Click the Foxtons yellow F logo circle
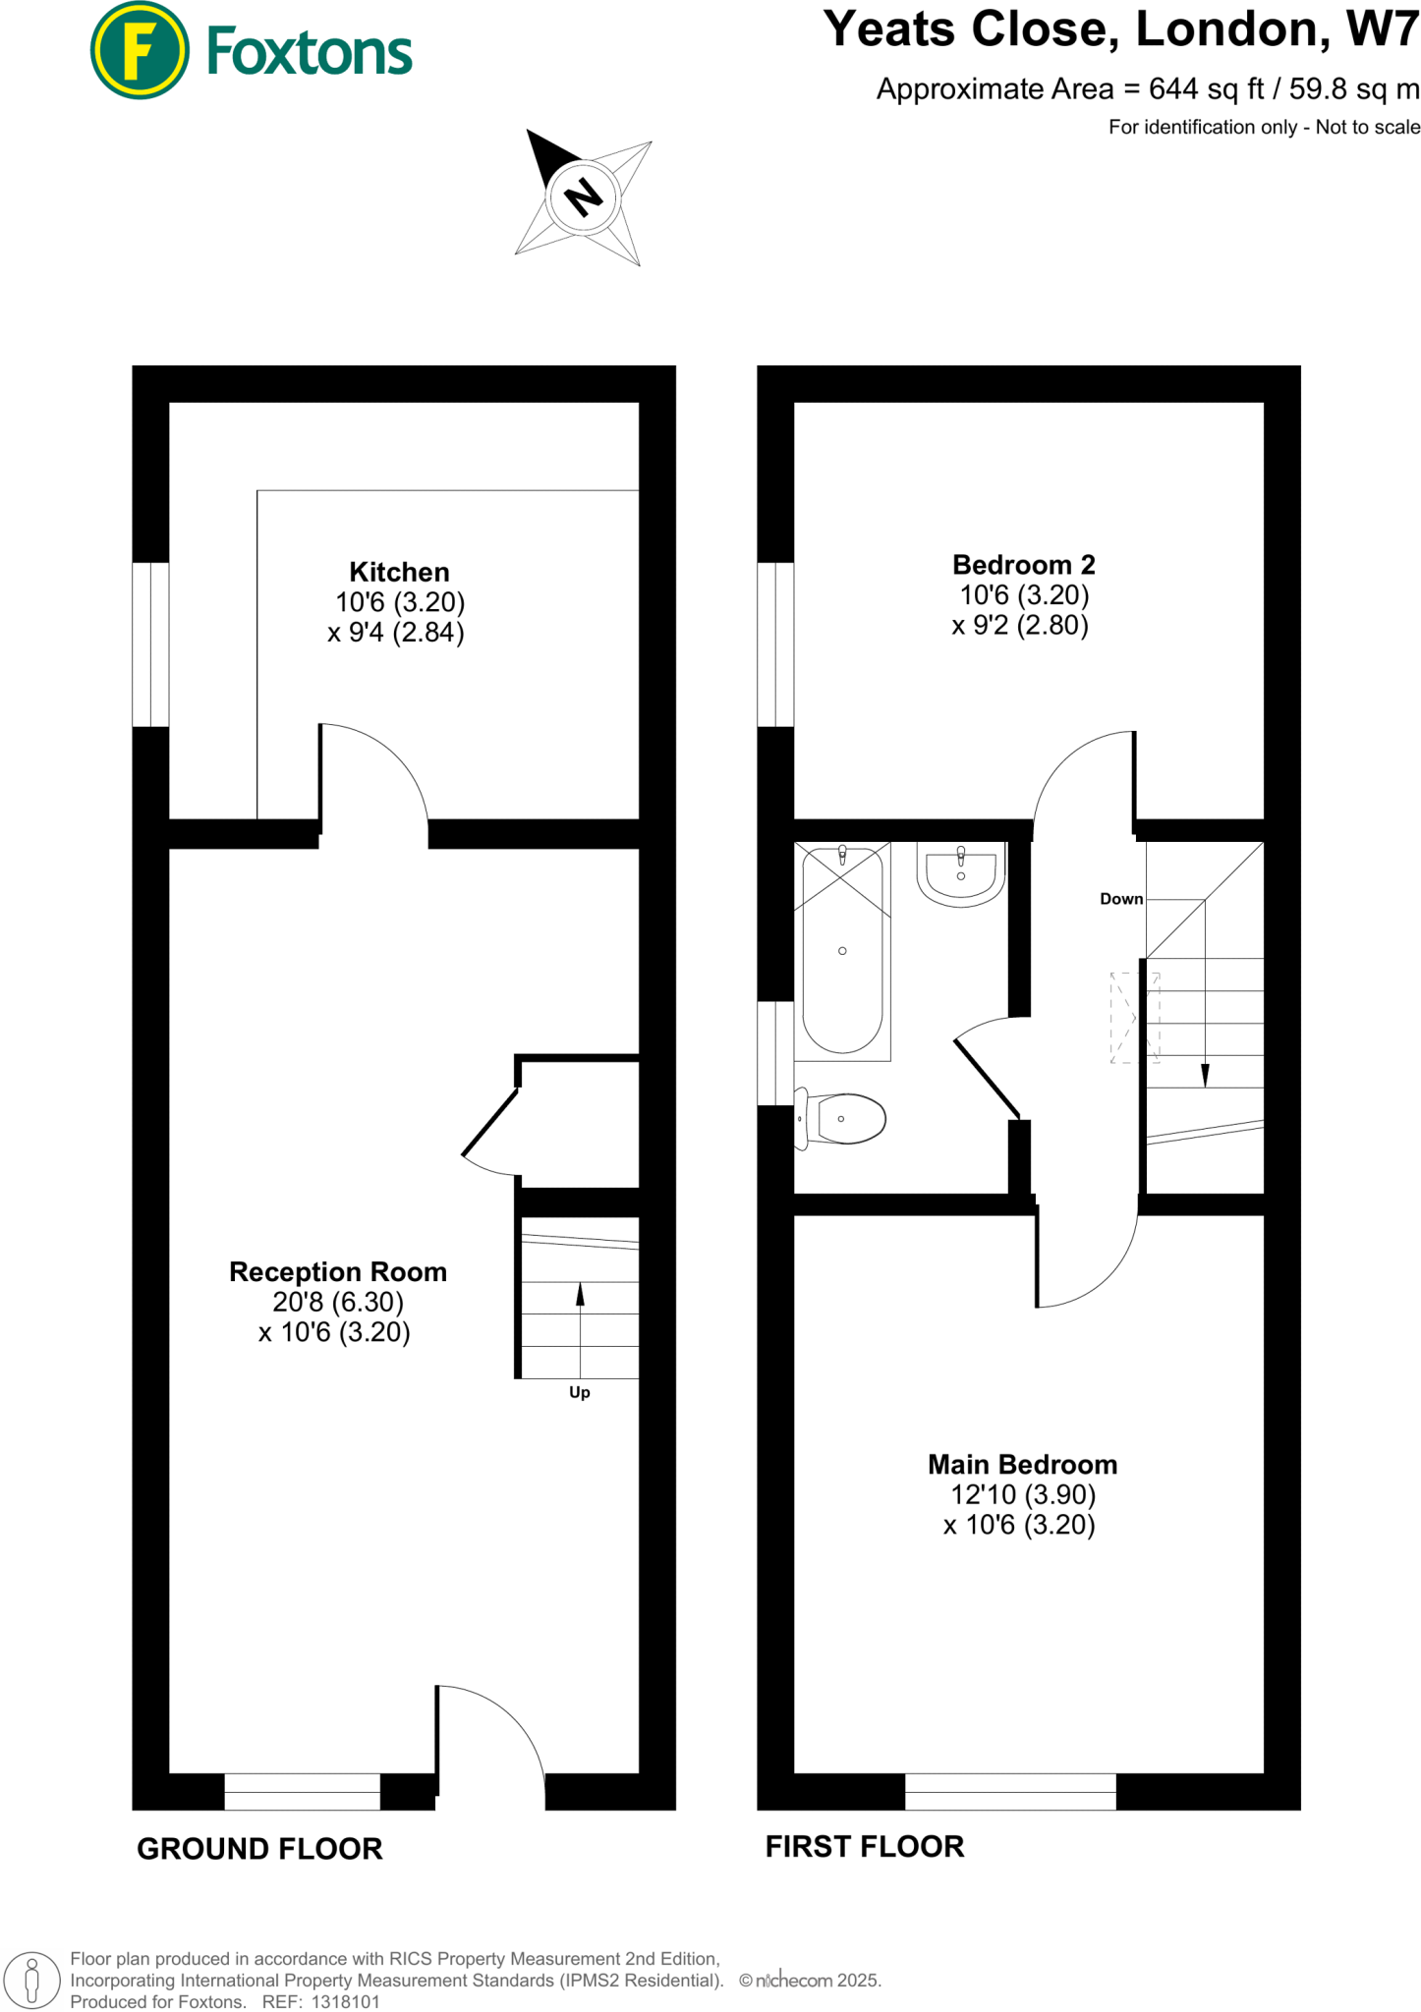point(139,51)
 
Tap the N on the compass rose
point(584,197)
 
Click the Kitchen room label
point(399,572)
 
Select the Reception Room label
point(338,1271)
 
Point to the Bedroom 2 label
point(1023,565)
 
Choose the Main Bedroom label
point(1022,1464)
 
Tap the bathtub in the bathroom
point(842,950)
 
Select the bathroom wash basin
point(961,873)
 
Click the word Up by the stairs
point(580,1392)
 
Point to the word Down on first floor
point(1121,899)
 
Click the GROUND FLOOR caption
point(259,1849)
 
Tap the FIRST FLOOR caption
point(865,1847)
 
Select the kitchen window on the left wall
point(150,644)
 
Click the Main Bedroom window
point(1010,1791)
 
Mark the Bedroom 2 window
point(775,644)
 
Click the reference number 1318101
point(345,2001)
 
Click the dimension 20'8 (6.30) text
point(338,1302)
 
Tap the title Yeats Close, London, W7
point(1120,29)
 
